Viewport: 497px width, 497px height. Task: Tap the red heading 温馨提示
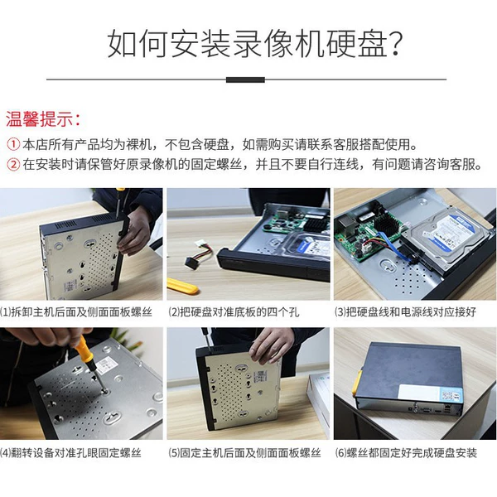coord(43,120)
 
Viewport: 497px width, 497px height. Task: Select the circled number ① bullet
coord(13,144)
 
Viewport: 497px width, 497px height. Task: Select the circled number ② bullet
coord(13,164)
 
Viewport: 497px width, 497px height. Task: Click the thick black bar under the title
coord(245,80)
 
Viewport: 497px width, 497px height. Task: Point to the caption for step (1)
coord(76,312)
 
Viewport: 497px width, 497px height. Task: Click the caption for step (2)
coord(234,312)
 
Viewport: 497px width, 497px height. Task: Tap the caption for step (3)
coord(405,312)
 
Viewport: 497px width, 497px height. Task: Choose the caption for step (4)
coord(70,453)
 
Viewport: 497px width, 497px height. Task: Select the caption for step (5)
coord(244,453)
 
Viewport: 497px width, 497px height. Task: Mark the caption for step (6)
coord(406,453)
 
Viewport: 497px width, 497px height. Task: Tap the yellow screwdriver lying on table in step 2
coord(182,286)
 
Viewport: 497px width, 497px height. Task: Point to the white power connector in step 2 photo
coord(199,246)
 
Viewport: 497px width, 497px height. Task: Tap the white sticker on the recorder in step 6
coord(427,393)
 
